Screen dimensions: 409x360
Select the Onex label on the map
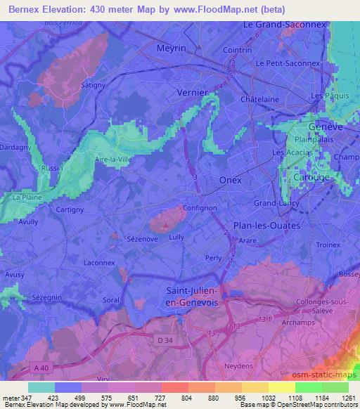(230, 180)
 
